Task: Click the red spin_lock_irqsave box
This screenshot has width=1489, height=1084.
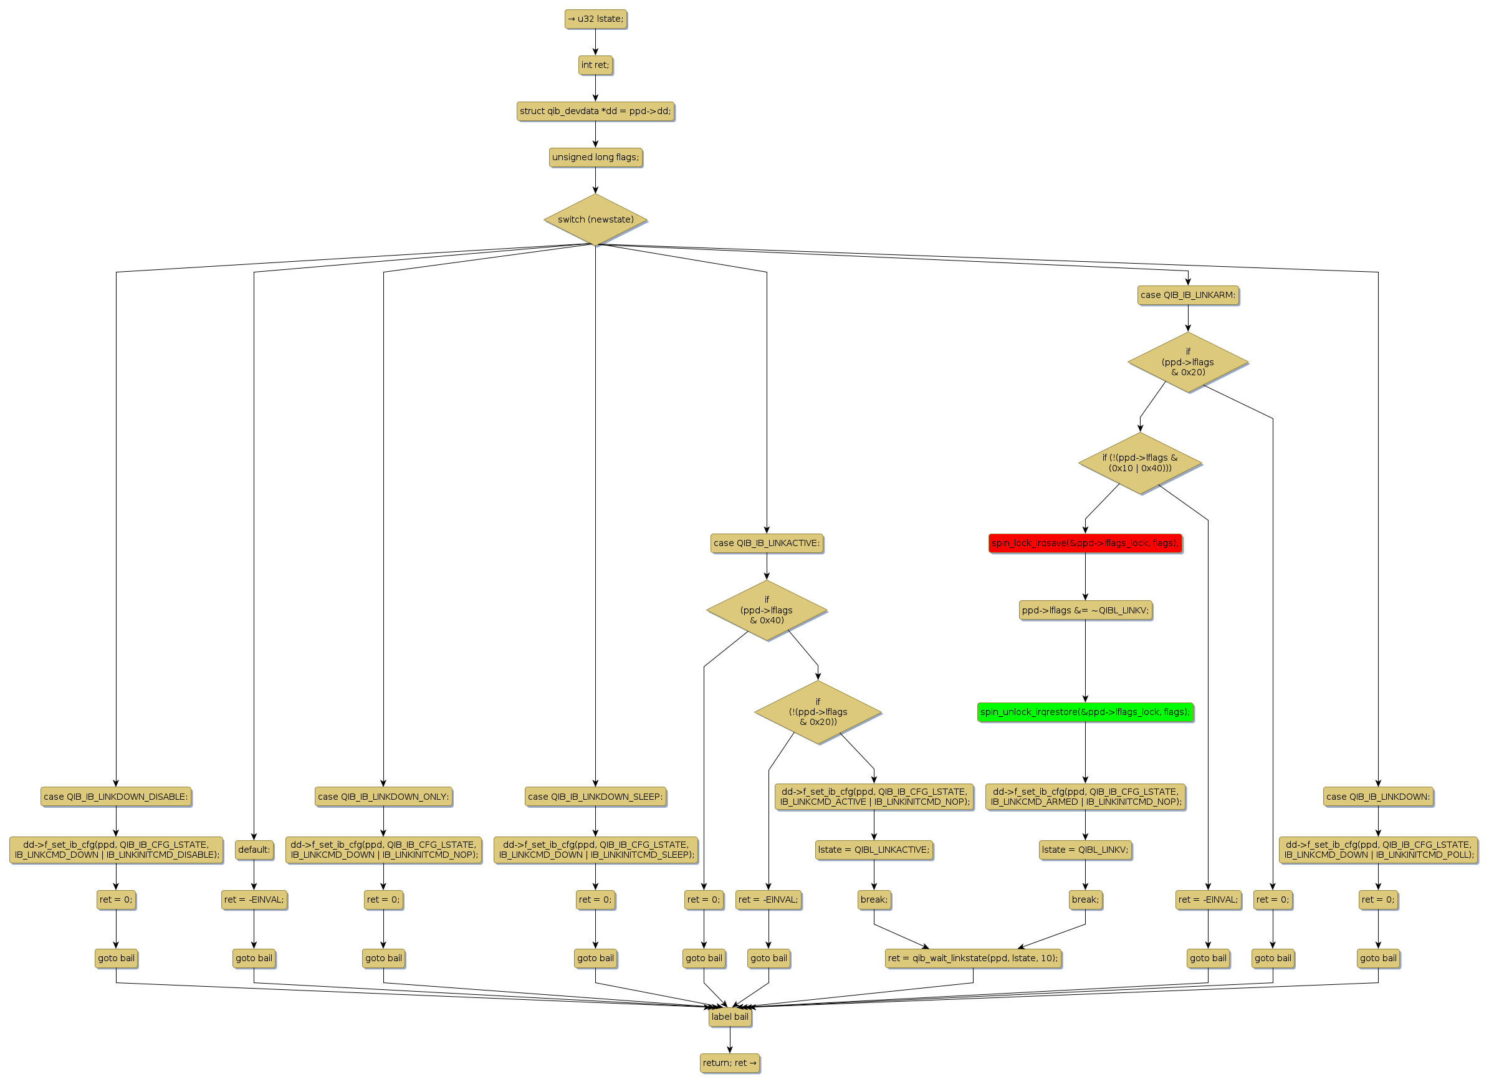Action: click(x=1084, y=543)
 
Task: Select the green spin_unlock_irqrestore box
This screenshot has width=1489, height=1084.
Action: click(x=1084, y=712)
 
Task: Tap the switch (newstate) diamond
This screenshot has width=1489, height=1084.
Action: click(x=595, y=219)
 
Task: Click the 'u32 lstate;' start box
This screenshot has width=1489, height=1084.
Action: click(x=595, y=19)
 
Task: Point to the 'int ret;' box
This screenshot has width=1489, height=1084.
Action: click(x=595, y=65)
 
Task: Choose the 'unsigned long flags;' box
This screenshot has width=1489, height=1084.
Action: click(x=595, y=157)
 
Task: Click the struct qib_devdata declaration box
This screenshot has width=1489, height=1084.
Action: click(x=595, y=111)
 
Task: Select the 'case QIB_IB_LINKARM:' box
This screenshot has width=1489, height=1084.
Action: click(x=1188, y=295)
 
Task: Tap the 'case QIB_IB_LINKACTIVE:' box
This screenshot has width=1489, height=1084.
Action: click(x=766, y=543)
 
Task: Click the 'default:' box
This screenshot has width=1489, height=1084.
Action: click(x=254, y=850)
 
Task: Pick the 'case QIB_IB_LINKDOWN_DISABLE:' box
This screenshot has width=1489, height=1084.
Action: click(x=115, y=797)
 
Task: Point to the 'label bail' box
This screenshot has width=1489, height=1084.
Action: click(x=729, y=1017)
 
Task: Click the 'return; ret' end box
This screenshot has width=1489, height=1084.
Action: click(x=729, y=1062)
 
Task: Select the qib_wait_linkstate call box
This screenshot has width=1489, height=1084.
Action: click(x=972, y=958)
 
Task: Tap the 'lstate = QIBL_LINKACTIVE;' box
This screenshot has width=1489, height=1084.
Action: click(x=874, y=850)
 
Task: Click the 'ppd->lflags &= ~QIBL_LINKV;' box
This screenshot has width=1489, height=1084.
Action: click(x=1085, y=610)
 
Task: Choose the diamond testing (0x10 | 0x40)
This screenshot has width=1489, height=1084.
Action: click(x=1140, y=463)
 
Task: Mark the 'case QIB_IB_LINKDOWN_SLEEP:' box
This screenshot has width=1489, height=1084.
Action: click(x=595, y=797)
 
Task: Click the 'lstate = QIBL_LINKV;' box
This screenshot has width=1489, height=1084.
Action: click(x=1085, y=850)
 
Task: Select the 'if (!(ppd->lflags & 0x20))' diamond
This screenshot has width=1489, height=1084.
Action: click(x=818, y=712)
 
